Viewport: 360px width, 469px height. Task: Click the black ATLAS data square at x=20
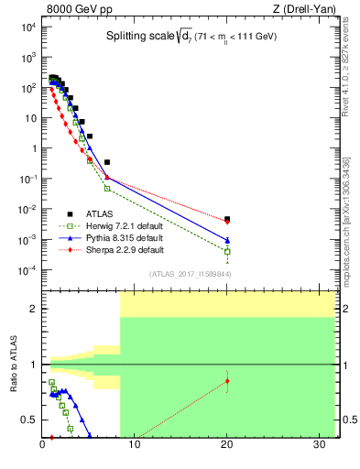pos(227,219)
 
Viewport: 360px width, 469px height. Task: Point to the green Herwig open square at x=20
pos(227,251)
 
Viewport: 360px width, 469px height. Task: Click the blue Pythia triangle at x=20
pos(227,241)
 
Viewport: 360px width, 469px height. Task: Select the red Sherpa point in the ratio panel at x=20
pos(227,380)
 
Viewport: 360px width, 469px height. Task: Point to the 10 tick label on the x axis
pos(134,446)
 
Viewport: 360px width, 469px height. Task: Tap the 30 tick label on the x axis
pos(317,446)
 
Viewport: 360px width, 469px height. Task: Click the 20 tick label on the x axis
pos(226,446)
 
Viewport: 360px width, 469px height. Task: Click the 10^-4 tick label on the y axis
pos(27,269)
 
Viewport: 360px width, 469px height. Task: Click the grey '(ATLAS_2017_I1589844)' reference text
pos(191,274)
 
